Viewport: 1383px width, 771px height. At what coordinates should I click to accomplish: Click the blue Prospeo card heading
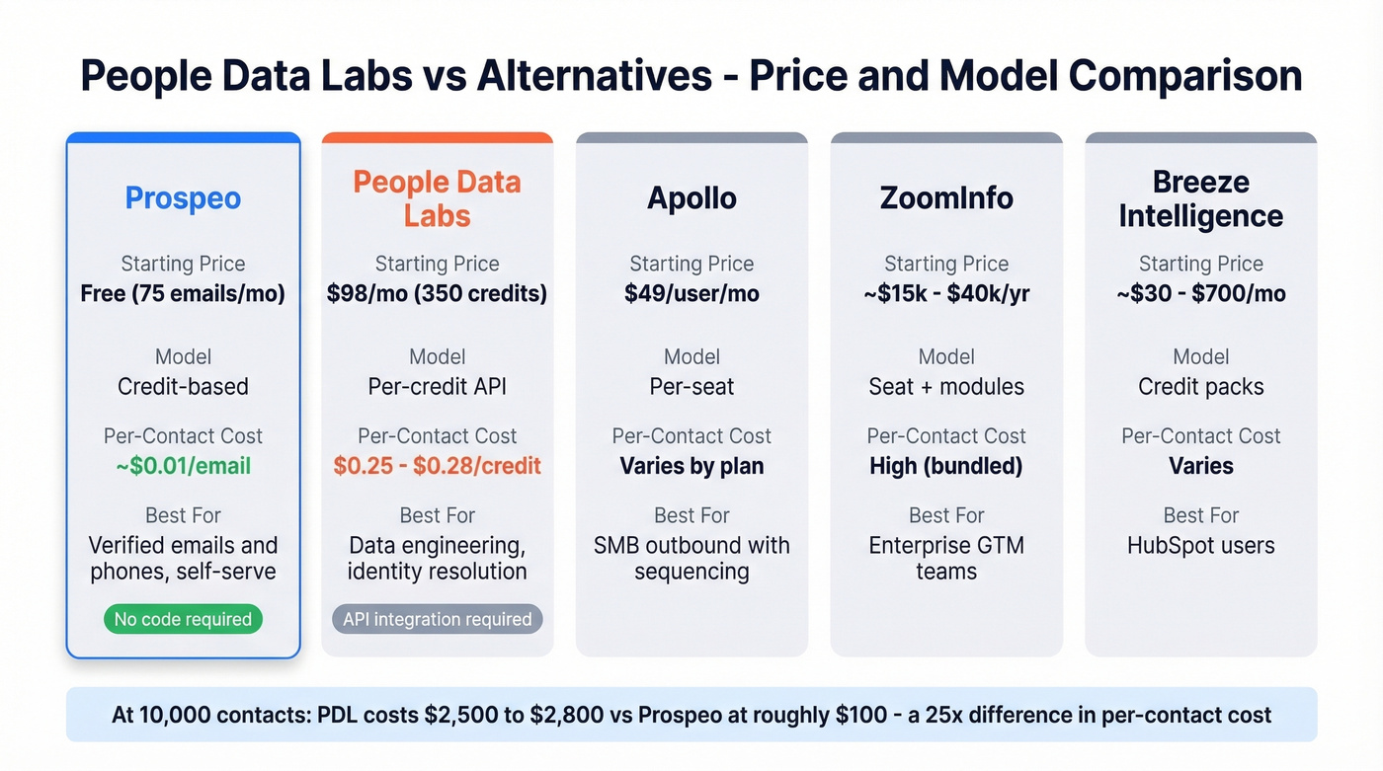(183, 198)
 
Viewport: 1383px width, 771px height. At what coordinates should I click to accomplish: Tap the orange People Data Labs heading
(437, 198)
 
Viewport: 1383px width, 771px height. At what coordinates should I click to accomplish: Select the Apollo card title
(691, 198)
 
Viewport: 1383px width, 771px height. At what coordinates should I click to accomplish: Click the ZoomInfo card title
(946, 198)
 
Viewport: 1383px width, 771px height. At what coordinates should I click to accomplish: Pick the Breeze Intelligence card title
(1200, 198)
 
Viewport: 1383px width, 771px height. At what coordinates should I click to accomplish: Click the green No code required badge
(183, 620)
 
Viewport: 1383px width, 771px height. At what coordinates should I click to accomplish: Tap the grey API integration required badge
(437, 620)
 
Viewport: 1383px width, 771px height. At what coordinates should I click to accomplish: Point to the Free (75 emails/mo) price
(183, 294)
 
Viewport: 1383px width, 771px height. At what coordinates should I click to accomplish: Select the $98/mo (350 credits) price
(437, 294)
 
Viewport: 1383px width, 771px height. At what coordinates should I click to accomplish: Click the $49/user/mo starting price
(691, 294)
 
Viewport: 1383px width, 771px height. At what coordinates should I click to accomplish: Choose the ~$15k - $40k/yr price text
(946, 294)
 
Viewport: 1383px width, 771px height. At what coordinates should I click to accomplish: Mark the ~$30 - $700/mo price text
(1200, 294)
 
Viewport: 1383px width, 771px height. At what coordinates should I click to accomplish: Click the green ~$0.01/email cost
(183, 466)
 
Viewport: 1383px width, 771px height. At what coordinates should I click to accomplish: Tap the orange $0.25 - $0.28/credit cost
(437, 466)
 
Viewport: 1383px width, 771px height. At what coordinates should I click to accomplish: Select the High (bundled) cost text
(946, 466)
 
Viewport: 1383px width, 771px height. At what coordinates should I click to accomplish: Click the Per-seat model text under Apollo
(691, 387)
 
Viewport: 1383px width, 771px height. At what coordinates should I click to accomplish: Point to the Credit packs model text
(1200, 387)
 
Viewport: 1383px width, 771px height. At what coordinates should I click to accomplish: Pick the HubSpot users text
(1200, 546)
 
